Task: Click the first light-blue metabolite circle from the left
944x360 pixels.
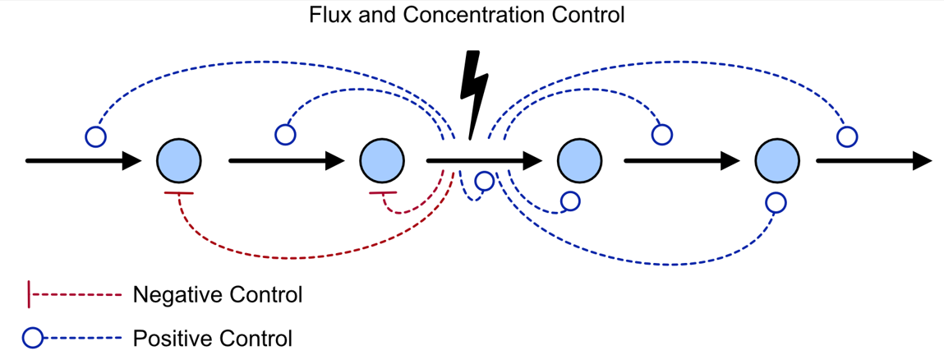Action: tap(179, 160)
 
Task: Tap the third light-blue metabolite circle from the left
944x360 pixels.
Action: tap(578, 160)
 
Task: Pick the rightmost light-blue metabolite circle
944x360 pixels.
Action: tap(776, 160)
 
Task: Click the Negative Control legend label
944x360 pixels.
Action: tap(218, 295)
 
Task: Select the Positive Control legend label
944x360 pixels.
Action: tap(212, 338)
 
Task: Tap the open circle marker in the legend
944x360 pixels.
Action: tap(32, 338)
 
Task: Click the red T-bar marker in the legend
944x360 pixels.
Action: tap(30, 295)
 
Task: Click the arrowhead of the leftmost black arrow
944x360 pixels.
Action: tap(132, 160)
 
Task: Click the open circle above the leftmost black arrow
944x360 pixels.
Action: tap(95, 136)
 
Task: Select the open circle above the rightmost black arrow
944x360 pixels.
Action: tap(846, 136)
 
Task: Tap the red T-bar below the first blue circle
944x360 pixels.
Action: tap(178, 193)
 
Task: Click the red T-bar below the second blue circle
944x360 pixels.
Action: tap(383, 193)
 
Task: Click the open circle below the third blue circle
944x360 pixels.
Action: tap(569, 201)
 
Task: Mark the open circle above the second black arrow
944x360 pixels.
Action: tap(285, 134)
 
